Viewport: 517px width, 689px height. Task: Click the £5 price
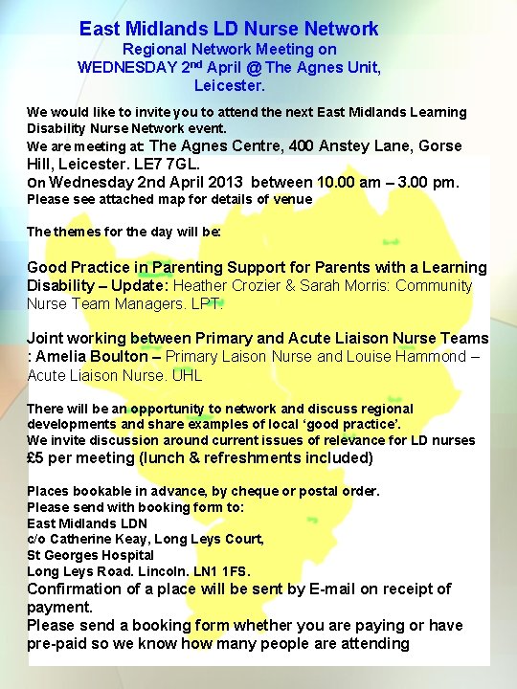[x=36, y=457]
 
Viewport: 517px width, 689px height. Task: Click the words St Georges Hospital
[x=90, y=555]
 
